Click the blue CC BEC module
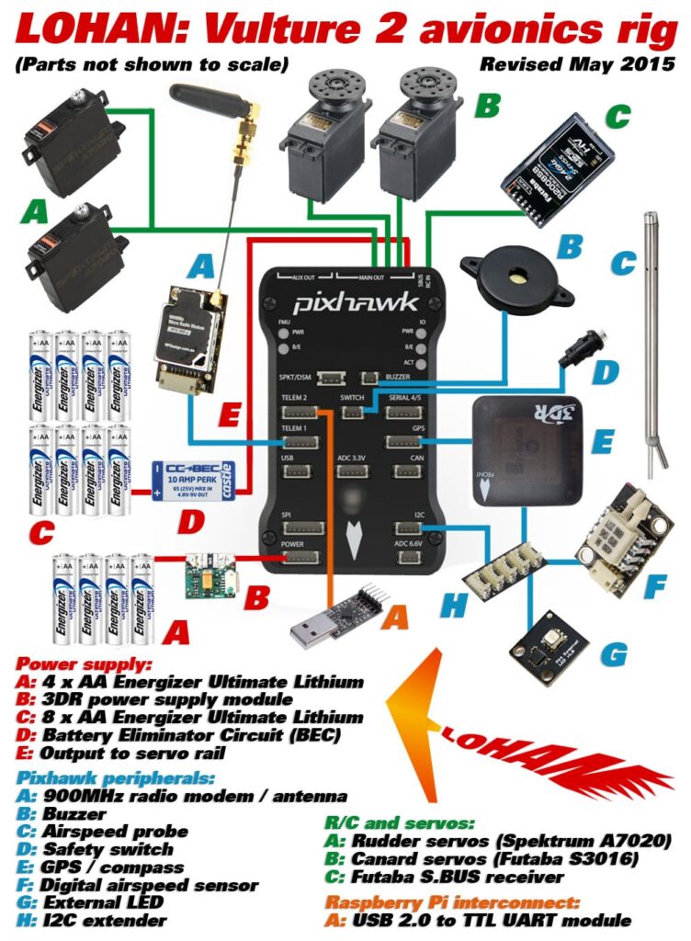click(194, 479)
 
